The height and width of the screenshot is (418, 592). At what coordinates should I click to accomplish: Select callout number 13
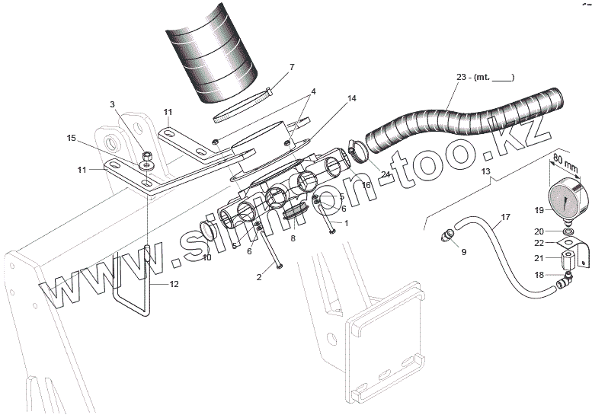tap(485, 172)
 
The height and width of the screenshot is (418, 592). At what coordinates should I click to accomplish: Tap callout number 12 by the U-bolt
tap(174, 284)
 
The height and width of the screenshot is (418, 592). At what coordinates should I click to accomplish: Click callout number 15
tap(71, 138)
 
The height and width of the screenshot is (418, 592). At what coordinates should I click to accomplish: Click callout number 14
tap(330, 99)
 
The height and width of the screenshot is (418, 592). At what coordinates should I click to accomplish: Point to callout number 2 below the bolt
tap(259, 277)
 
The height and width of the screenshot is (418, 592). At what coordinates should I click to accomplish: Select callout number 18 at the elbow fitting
tap(539, 274)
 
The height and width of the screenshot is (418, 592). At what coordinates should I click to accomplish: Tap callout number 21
tap(539, 258)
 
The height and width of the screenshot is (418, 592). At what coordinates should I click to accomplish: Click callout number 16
tap(366, 185)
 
